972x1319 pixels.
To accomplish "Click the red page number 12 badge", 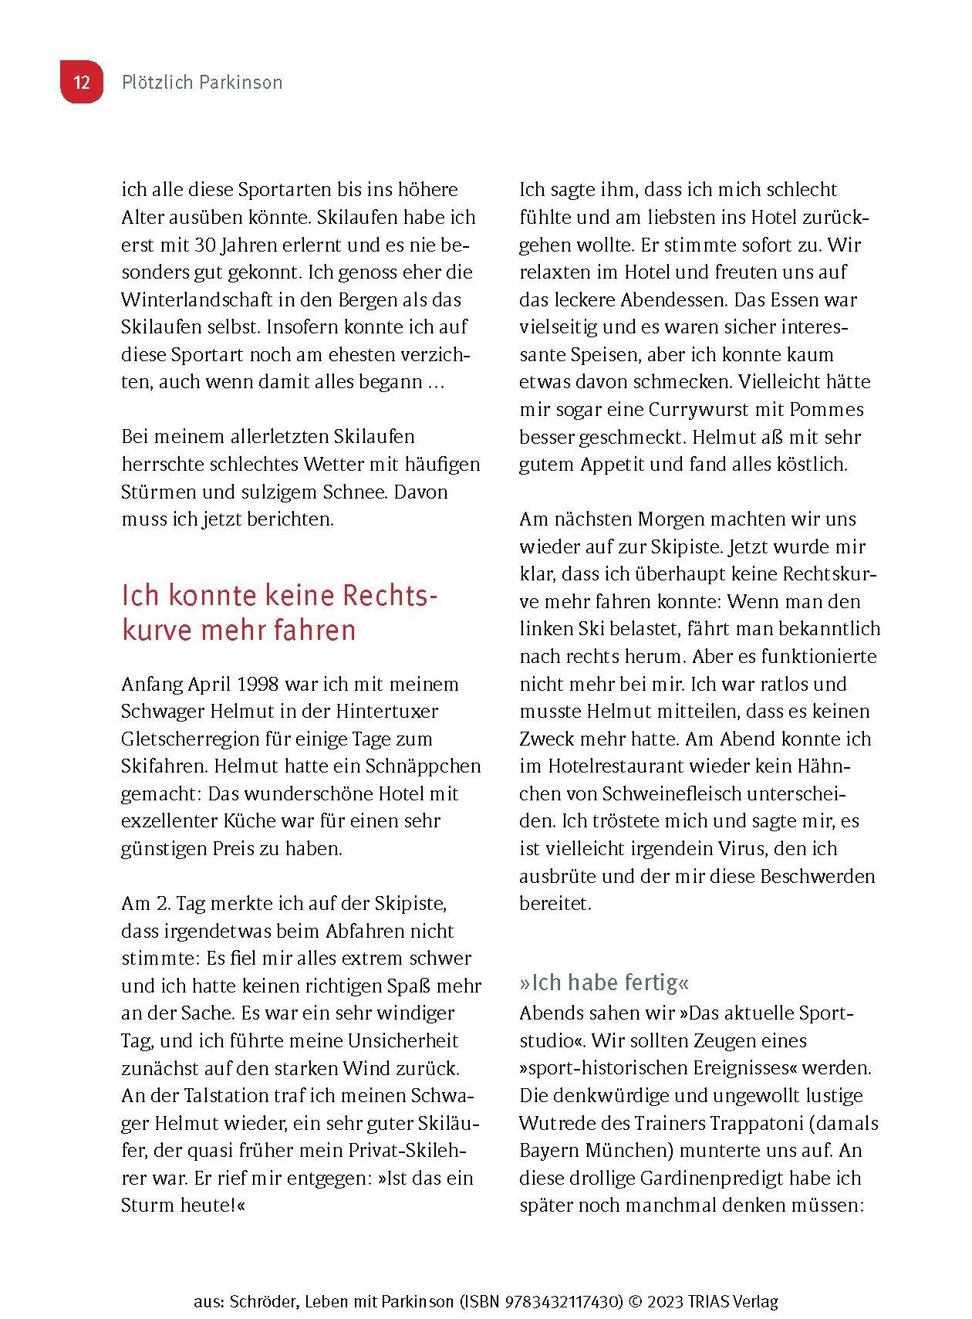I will pos(82,83).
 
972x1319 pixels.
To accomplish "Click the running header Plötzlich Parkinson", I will pos(202,83).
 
